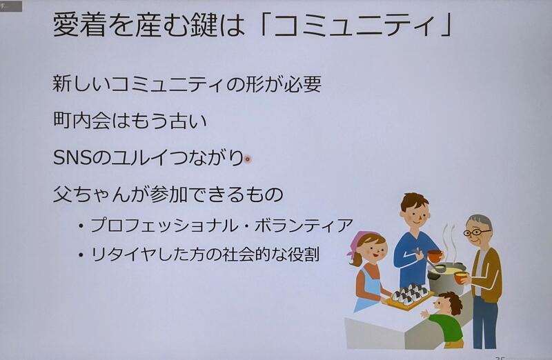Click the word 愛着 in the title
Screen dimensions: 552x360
(79, 25)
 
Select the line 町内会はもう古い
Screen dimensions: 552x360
(130, 121)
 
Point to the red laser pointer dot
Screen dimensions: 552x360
(248, 159)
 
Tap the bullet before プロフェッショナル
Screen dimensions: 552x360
(81, 226)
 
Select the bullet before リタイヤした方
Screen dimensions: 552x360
(81, 254)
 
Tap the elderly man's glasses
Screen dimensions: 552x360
(477, 232)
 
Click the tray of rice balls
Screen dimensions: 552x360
(409, 297)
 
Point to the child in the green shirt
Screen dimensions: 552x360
(444, 319)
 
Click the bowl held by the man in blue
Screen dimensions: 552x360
(435, 255)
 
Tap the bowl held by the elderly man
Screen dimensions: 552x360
(460, 278)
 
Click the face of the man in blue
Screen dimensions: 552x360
(416, 214)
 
